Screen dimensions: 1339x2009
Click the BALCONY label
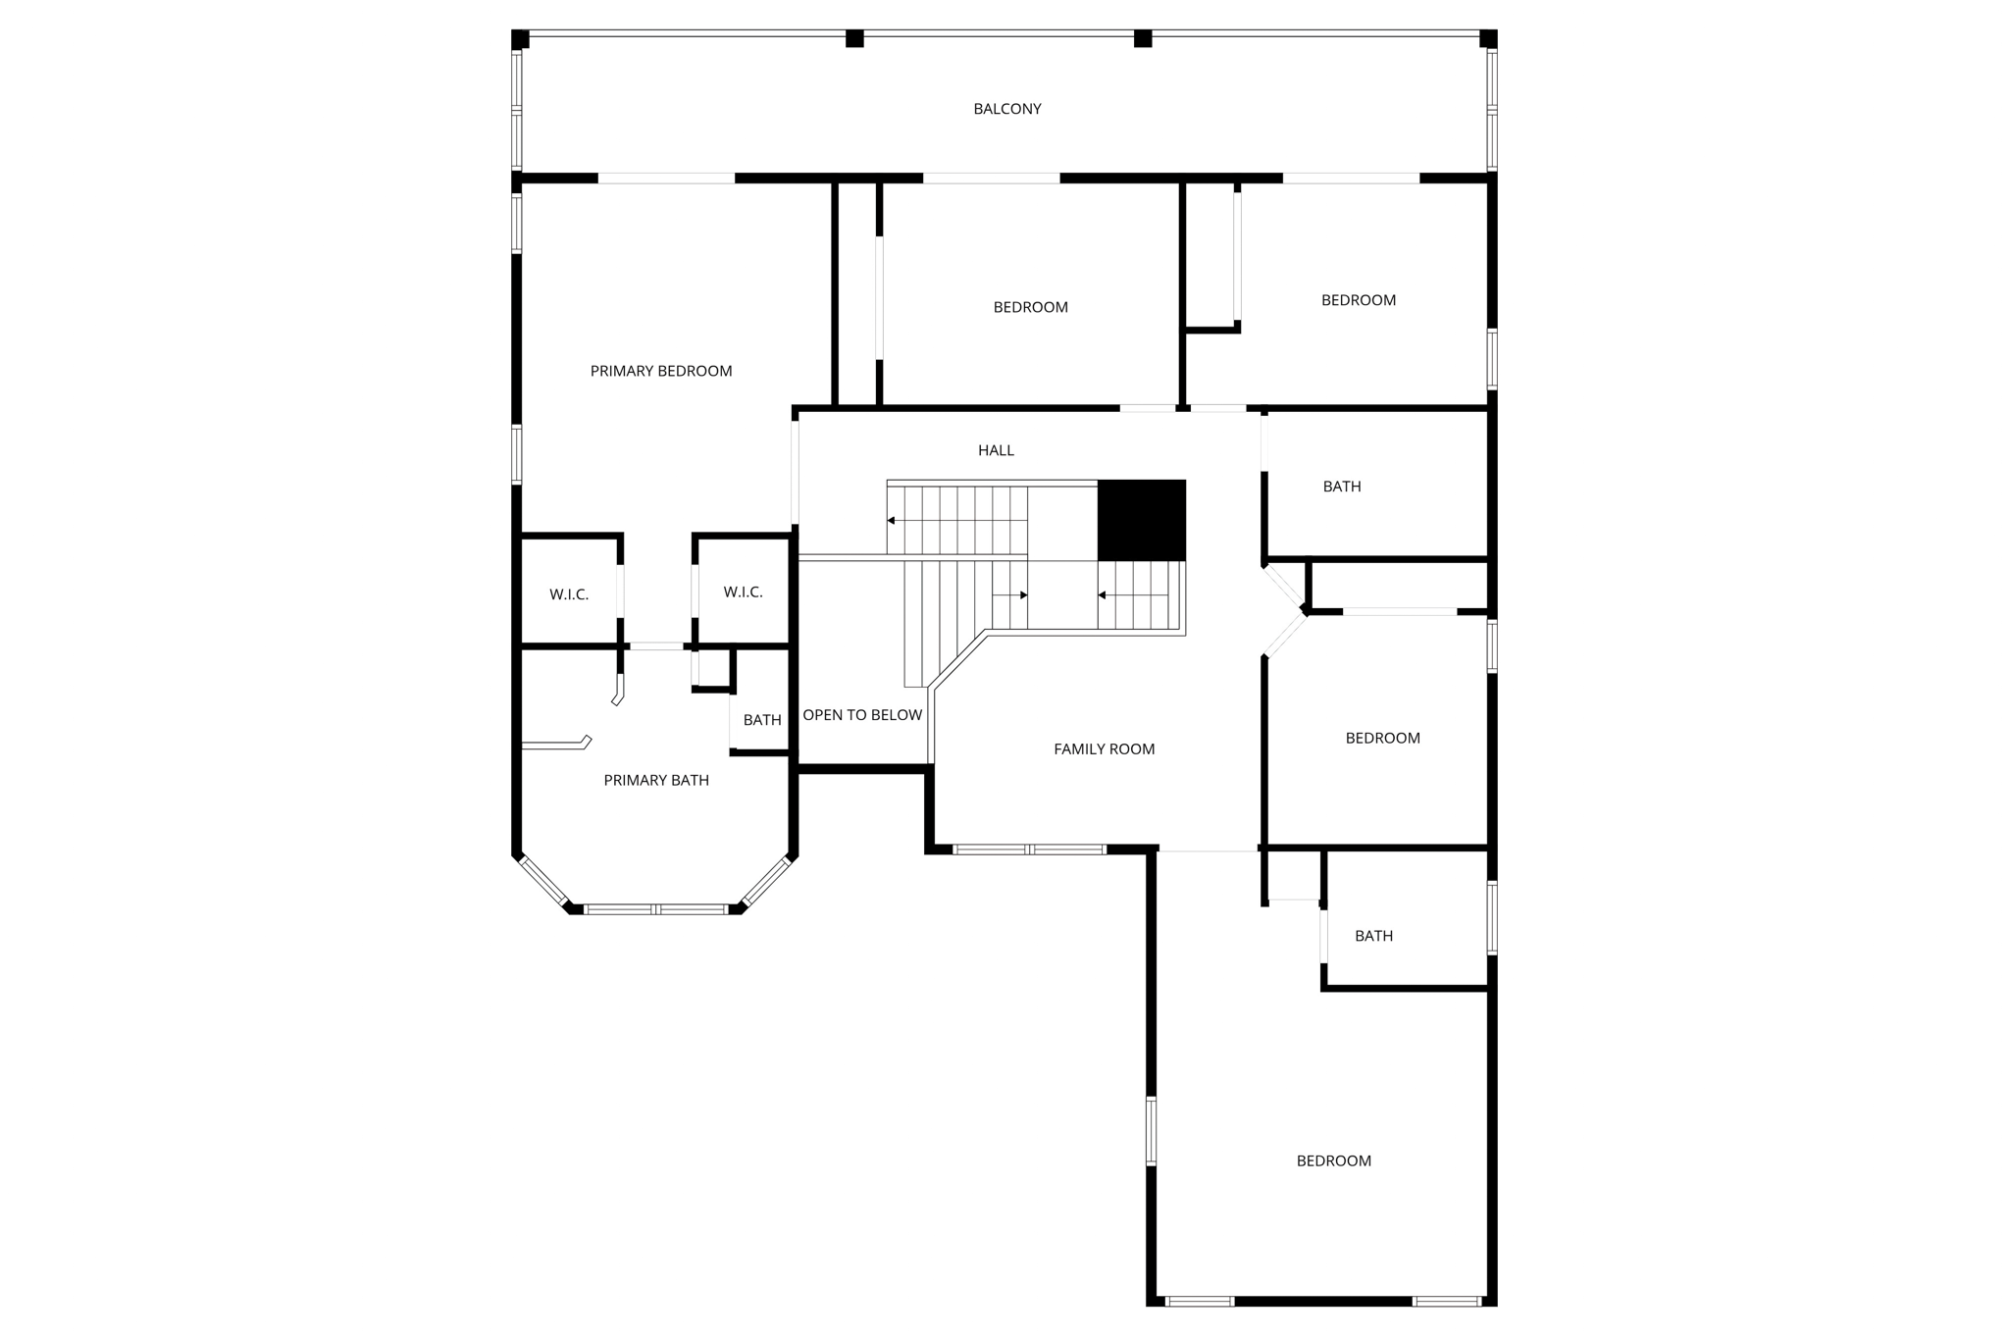[1006, 109]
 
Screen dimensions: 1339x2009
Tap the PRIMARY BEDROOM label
[660, 371]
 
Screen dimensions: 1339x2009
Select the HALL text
[996, 450]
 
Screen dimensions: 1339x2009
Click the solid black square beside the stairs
[1141, 520]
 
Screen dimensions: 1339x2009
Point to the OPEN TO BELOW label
[862, 715]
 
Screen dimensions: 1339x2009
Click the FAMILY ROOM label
[1104, 749]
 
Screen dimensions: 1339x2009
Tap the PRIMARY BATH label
[655, 781]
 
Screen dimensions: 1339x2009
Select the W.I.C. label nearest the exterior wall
[569, 594]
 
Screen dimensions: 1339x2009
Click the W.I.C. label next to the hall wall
[743, 592]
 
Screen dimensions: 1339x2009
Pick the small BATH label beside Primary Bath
[761, 720]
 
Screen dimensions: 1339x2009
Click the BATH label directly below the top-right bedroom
[1341, 487]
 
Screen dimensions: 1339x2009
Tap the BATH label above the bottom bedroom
[1373, 936]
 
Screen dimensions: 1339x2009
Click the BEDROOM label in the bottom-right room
[1333, 1160]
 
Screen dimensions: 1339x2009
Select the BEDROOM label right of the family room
[1382, 738]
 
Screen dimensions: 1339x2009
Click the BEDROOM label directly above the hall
[1030, 307]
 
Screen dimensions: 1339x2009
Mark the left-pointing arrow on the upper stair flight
[892, 521]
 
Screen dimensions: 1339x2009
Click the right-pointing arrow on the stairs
[1022, 595]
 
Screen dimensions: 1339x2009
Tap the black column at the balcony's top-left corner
[521, 39]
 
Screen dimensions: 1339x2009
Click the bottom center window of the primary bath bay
[655, 909]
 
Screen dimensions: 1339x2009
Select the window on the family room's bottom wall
[1029, 850]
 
